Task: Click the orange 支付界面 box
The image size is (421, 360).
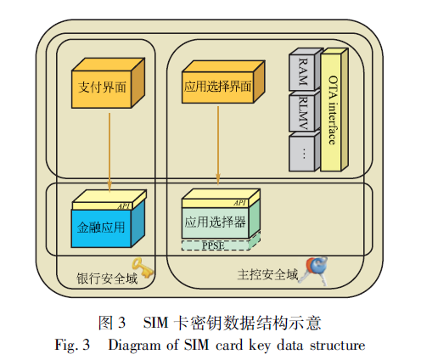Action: click(108, 83)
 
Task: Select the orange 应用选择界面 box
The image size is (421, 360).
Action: click(223, 82)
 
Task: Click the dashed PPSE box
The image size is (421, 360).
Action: click(221, 243)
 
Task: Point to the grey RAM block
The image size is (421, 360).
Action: click(306, 70)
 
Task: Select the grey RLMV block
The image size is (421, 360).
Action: click(305, 111)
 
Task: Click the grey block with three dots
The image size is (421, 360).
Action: click(305, 152)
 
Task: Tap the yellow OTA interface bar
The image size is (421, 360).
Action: click(334, 110)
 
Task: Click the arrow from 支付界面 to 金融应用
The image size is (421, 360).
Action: click(109, 153)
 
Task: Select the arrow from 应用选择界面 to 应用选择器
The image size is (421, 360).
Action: click(218, 145)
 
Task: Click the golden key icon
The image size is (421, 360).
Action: click(143, 267)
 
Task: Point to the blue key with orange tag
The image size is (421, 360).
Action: click(314, 270)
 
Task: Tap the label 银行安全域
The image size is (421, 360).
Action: click(107, 278)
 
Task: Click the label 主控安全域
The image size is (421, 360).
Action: click(267, 274)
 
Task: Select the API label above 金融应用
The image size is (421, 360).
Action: click(124, 206)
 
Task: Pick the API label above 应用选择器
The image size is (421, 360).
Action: click(240, 203)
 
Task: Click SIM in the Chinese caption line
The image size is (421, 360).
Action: click(155, 323)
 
